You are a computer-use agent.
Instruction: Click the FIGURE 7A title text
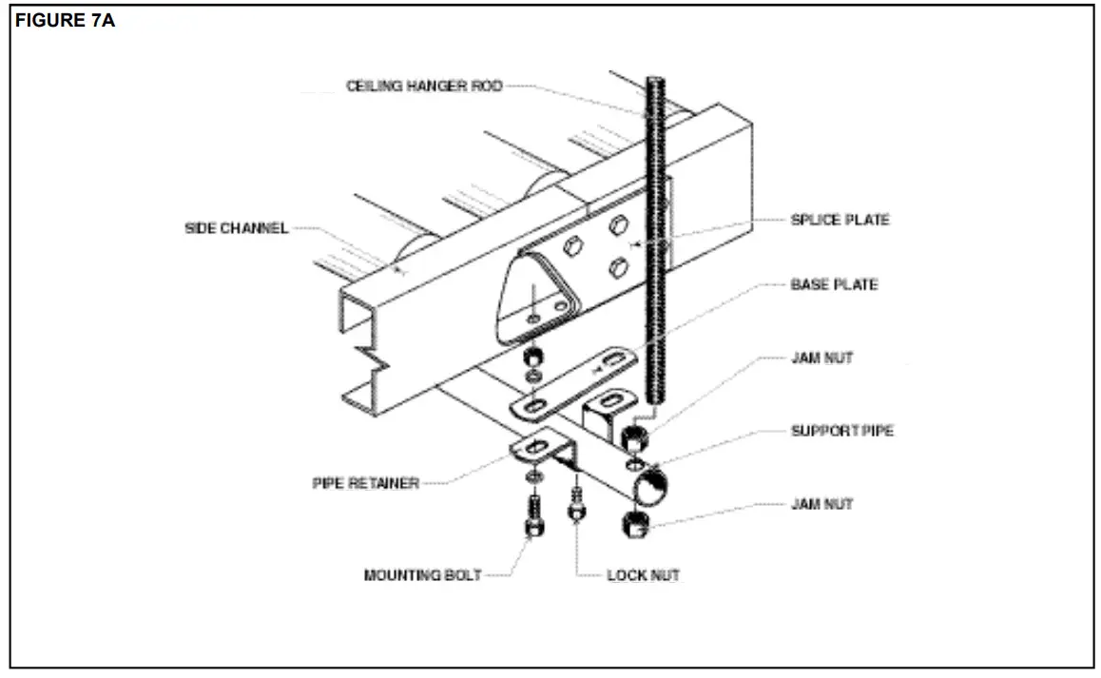click(x=65, y=21)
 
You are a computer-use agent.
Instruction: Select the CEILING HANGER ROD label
click(x=423, y=87)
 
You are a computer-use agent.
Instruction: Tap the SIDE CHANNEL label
click(x=236, y=229)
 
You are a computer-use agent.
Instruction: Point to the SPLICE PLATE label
click(x=840, y=220)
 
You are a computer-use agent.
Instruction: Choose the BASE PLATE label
click(x=834, y=284)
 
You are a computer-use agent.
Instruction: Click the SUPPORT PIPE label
click(x=842, y=431)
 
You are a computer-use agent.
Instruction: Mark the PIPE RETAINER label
click(x=365, y=483)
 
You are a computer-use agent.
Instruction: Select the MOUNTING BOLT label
click(x=422, y=575)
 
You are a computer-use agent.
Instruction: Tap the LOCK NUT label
click(x=643, y=575)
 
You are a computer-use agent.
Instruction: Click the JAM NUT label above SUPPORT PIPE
click(x=821, y=358)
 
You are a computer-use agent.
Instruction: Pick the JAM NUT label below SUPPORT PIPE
click(x=821, y=504)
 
